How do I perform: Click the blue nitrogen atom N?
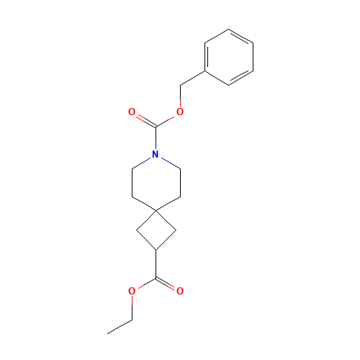tap(156, 153)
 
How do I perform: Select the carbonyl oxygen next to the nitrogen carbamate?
tap(132, 112)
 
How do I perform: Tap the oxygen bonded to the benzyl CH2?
tap(179, 112)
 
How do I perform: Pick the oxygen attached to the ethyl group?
tap(132, 291)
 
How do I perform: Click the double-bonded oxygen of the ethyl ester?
tap(179, 291)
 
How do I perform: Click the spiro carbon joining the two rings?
tap(156, 209)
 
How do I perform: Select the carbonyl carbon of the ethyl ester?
tap(156, 277)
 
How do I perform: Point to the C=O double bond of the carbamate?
tap(144, 119)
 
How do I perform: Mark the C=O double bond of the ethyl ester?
tap(168, 284)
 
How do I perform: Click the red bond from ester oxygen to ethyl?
tap(132, 305)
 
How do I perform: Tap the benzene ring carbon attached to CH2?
tap(204, 71)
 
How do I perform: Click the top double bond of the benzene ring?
tap(240, 36)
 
